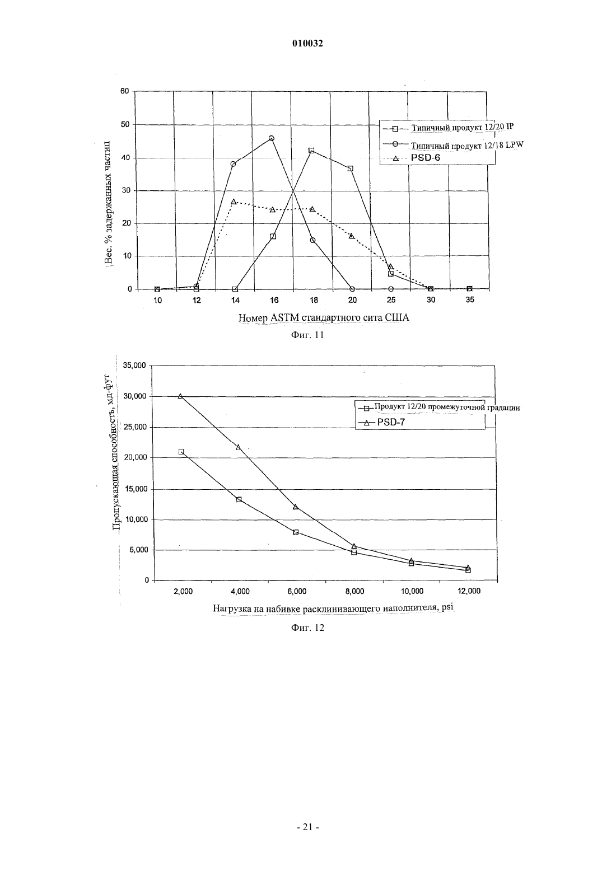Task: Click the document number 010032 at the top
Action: click(x=307, y=44)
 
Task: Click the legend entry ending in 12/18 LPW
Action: click(x=453, y=145)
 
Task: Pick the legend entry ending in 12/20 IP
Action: click(x=448, y=127)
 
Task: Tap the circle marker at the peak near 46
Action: click(x=272, y=138)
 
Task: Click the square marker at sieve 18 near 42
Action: click(x=311, y=151)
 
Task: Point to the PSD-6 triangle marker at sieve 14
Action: click(x=234, y=202)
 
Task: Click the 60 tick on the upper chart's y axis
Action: click(x=124, y=91)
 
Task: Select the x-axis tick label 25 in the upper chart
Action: click(x=391, y=300)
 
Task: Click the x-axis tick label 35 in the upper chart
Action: click(x=470, y=300)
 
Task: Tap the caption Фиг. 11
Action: click(x=307, y=335)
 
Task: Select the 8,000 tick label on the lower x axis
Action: click(x=354, y=592)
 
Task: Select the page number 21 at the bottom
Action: click(x=307, y=827)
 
